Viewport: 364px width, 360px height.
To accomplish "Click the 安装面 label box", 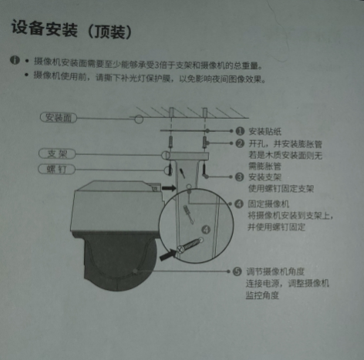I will coord(59,117).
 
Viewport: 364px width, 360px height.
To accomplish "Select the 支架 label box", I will coord(56,153).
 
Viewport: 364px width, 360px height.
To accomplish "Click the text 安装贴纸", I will coord(263,132).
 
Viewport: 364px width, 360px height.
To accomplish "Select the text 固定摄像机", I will coord(268,205).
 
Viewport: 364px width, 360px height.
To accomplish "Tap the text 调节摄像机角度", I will coord(275,272).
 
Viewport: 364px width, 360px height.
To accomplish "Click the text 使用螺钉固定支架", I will coord(280,188).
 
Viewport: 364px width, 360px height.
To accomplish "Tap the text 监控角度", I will coord(263,295).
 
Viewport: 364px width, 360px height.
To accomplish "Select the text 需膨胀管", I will coord(263,165).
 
